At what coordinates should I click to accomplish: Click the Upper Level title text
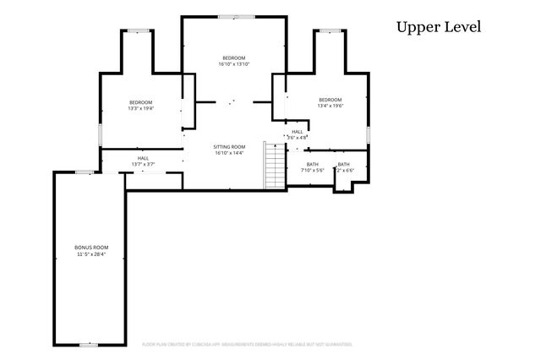(438, 27)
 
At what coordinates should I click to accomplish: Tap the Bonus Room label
(92, 247)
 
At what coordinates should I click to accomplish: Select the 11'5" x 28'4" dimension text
(92, 254)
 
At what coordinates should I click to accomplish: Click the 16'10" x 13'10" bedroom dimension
(233, 63)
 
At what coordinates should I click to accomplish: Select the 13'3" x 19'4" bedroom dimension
(141, 108)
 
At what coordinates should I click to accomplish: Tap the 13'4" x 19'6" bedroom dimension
(331, 106)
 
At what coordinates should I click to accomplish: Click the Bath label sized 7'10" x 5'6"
(313, 164)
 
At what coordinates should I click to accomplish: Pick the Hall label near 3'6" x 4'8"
(298, 132)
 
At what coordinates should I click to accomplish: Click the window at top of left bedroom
(139, 31)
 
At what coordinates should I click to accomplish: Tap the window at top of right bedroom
(331, 30)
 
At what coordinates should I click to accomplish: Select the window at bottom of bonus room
(88, 344)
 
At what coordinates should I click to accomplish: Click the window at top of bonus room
(84, 172)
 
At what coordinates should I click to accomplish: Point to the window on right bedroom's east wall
(369, 134)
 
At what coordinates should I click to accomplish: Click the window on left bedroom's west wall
(101, 134)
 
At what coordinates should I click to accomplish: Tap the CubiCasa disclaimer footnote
(246, 345)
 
